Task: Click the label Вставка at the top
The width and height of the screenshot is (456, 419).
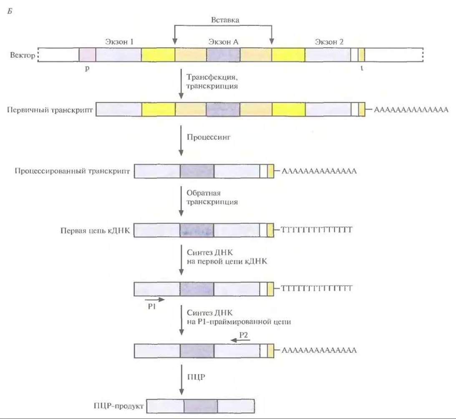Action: (225, 20)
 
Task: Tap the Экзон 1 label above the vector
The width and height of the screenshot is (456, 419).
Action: (119, 42)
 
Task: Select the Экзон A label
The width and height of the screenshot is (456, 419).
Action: (223, 42)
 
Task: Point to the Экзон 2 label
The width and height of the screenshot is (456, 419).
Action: (329, 42)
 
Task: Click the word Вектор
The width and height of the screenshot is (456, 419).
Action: (23, 55)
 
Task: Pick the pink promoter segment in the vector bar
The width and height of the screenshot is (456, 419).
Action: (87, 55)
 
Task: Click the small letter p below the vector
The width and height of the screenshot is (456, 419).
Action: (87, 69)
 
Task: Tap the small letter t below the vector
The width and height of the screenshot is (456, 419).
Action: (362, 68)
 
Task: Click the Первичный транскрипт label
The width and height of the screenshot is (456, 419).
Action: (50, 110)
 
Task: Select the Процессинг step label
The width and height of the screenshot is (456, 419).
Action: (209, 137)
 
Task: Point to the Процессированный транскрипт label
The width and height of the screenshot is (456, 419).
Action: (72, 171)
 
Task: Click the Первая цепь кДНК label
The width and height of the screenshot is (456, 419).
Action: (95, 231)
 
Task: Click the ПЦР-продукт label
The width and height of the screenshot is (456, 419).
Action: (118, 406)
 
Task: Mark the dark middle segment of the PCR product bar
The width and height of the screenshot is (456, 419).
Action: (201, 406)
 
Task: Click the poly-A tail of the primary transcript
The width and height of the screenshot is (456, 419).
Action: (411, 110)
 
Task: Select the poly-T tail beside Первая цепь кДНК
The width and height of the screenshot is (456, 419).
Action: (317, 230)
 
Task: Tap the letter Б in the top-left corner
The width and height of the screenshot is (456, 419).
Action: (10, 12)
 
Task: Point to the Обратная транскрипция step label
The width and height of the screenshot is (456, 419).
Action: (212, 197)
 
